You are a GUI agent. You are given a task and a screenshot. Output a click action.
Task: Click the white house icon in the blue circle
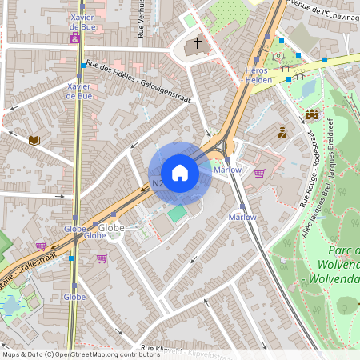click(x=180, y=173)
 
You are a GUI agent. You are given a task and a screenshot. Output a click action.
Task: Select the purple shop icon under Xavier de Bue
click(x=75, y=38)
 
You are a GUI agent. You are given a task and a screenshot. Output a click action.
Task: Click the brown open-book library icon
click(x=34, y=140)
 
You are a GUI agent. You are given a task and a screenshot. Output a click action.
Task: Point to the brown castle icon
click(x=312, y=114)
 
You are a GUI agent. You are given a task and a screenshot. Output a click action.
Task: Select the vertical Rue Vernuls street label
click(x=141, y=19)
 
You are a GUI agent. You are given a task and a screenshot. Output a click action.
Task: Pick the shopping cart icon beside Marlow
click(x=259, y=172)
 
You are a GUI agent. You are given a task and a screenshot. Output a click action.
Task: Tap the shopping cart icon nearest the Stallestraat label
click(x=40, y=246)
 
